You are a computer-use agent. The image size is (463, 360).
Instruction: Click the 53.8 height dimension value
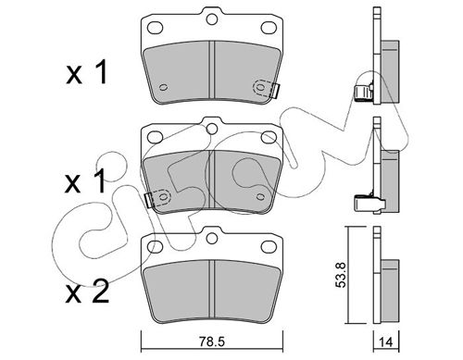tap(342, 275)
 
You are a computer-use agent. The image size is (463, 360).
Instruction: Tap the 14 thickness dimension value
tap(386, 342)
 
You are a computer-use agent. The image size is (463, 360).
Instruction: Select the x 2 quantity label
tap(87, 291)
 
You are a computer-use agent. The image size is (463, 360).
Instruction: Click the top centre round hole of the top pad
tap(212, 19)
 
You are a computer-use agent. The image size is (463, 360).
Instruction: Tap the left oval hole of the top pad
tap(155, 28)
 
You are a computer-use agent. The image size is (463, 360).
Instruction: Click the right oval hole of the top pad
tap(269, 28)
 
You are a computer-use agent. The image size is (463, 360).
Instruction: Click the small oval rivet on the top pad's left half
tap(163, 87)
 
